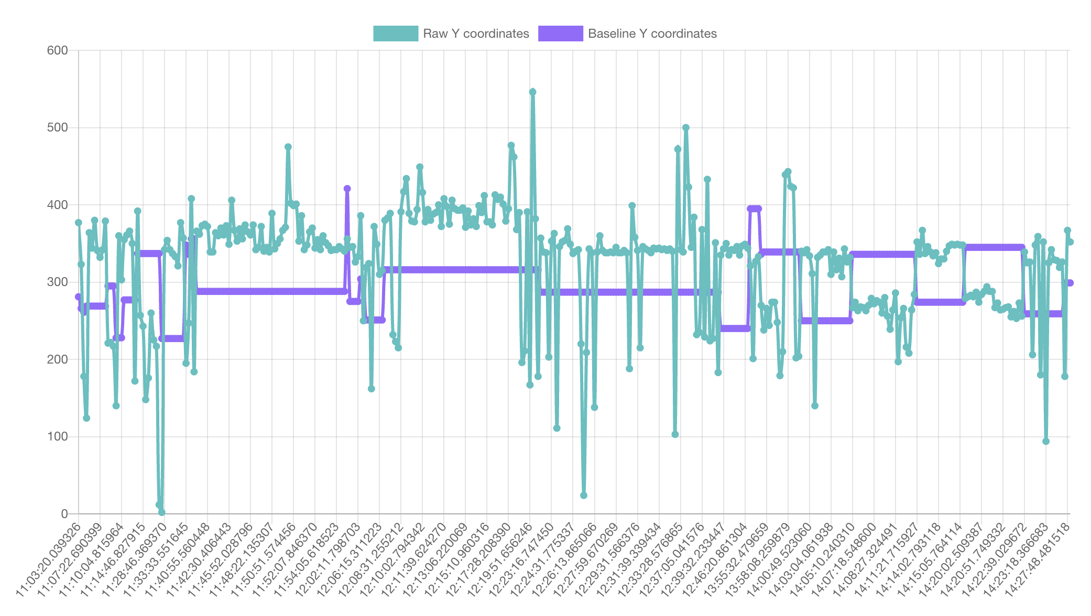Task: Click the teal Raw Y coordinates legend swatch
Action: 396,34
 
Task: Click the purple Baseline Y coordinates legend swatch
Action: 560,34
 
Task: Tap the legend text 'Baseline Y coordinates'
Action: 652,34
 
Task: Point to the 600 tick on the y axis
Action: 58,50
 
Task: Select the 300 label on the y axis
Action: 58,282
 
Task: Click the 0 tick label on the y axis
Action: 64,514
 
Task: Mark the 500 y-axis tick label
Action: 58,128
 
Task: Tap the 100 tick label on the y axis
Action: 58,436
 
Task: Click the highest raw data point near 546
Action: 532,92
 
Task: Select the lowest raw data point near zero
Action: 162,512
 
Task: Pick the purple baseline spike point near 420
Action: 347,189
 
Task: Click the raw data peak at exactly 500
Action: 685,128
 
